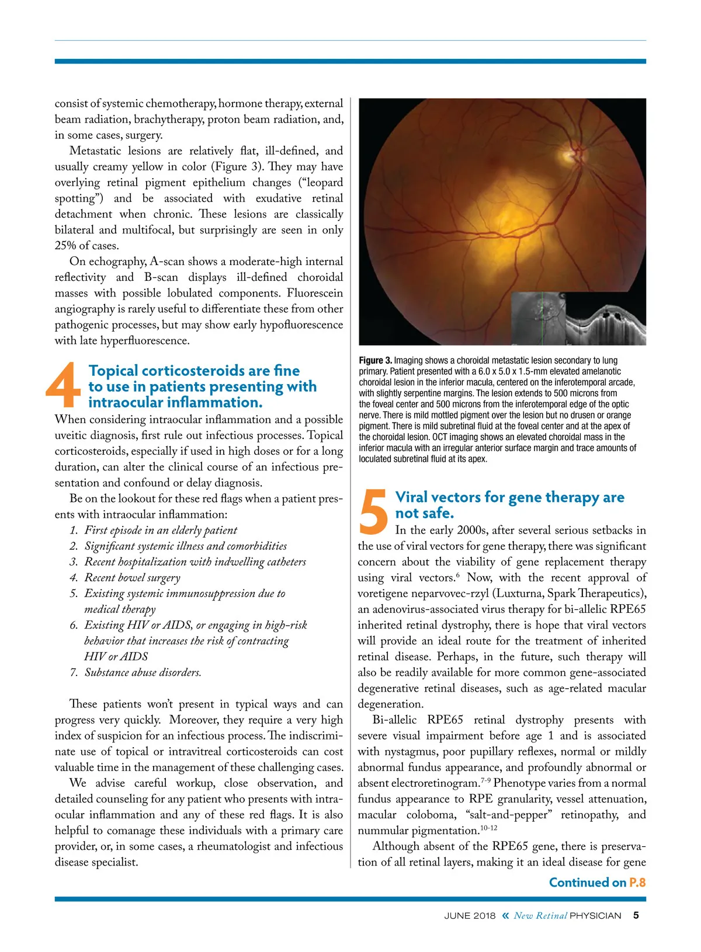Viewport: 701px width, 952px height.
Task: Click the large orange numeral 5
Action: coord(374,511)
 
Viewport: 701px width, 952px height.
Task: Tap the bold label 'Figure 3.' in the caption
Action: coord(375,361)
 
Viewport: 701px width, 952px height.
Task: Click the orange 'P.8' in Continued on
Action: coord(637,883)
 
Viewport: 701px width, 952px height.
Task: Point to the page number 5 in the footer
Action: coord(636,915)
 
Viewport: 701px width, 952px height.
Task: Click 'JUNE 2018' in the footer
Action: coord(470,916)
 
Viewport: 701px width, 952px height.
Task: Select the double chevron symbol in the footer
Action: coord(505,916)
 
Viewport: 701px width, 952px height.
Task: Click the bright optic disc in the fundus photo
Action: coord(568,155)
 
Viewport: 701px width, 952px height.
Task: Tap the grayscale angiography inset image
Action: coord(538,318)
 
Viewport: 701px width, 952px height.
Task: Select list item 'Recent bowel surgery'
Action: coord(132,578)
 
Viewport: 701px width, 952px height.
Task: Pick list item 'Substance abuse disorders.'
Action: coord(143,672)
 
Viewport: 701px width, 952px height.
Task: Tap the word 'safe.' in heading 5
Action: coord(436,513)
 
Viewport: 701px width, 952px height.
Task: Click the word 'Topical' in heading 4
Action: coord(113,371)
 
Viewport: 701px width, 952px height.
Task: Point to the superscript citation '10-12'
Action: coord(488,828)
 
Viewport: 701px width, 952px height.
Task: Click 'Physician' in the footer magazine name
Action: coord(595,916)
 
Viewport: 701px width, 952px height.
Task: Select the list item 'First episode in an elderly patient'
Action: coord(161,531)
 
